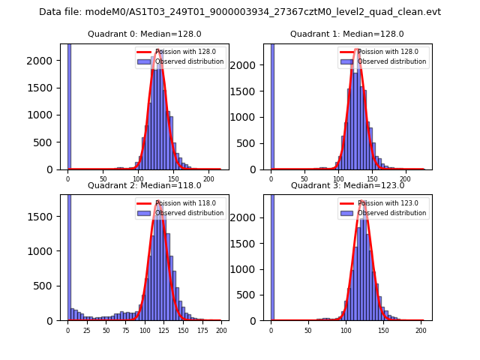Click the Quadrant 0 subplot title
pos(144,34)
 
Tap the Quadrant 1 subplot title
pos(346,34)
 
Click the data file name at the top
pos(240,12)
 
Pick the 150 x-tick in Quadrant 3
pos(383,331)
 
